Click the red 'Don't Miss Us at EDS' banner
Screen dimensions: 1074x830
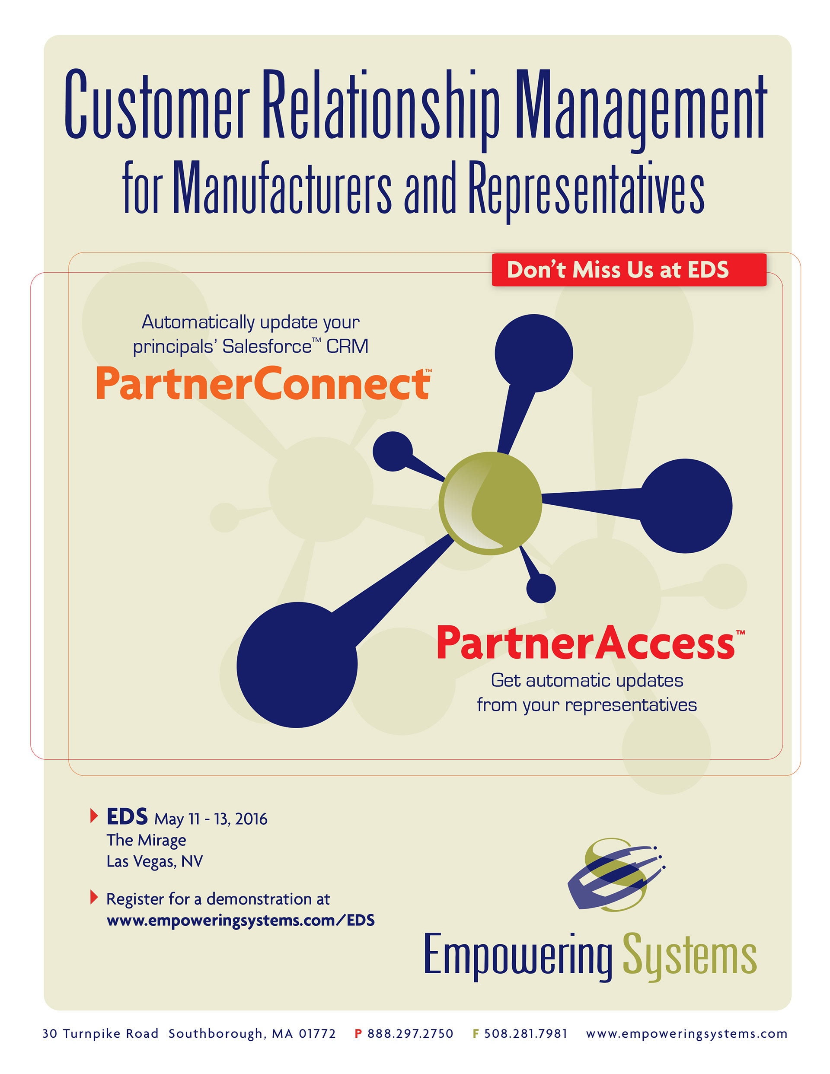pyautogui.click(x=629, y=270)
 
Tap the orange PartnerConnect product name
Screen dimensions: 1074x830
pyautogui.click(x=263, y=384)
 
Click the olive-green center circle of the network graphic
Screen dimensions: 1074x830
pyautogui.click(x=490, y=503)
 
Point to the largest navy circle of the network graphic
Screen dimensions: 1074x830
pyautogui.click(x=297, y=664)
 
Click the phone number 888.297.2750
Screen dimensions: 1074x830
pyautogui.click(x=410, y=1033)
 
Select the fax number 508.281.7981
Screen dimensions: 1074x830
pyautogui.click(x=526, y=1033)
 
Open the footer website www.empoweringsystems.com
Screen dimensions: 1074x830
pyautogui.click(x=686, y=1033)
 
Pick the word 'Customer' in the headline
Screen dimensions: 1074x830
pyautogui.click(x=157, y=106)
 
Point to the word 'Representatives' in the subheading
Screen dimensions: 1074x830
pyautogui.click(x=585, y=189)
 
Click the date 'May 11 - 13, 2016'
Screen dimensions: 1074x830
pyautogui.click(x=211, y=819)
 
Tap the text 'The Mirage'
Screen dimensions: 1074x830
pyautogui.click(x=146, y=840)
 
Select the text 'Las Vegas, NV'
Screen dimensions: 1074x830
pyautogui.click(x=154, y=861)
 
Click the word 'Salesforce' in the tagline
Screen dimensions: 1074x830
pyautogui.click(x=267, y=347)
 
